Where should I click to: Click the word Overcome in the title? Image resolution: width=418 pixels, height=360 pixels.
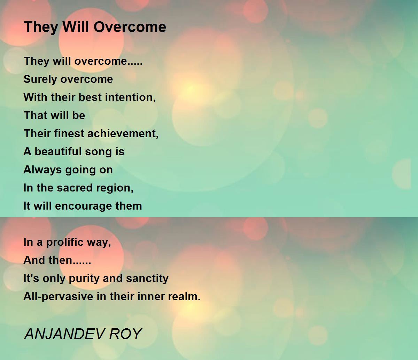[x=130, y=27]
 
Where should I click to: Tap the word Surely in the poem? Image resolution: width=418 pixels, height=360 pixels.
[x=40, y=80]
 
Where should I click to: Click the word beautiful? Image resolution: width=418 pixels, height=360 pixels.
[x=58, y=151]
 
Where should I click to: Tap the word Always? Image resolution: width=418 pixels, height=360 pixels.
[x=42, y=170]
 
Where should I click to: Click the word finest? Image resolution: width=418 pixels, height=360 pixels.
[x=69, y=134]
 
